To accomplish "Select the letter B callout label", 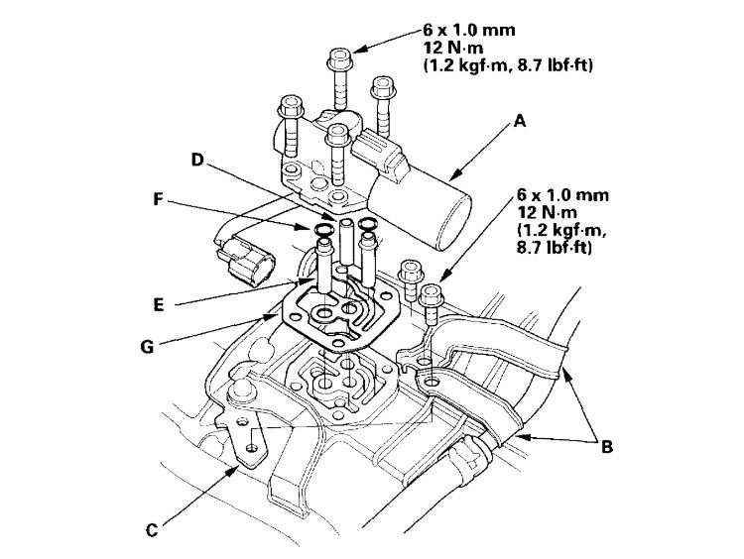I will tap(606, 446).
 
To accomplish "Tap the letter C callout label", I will tap(151, 529).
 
